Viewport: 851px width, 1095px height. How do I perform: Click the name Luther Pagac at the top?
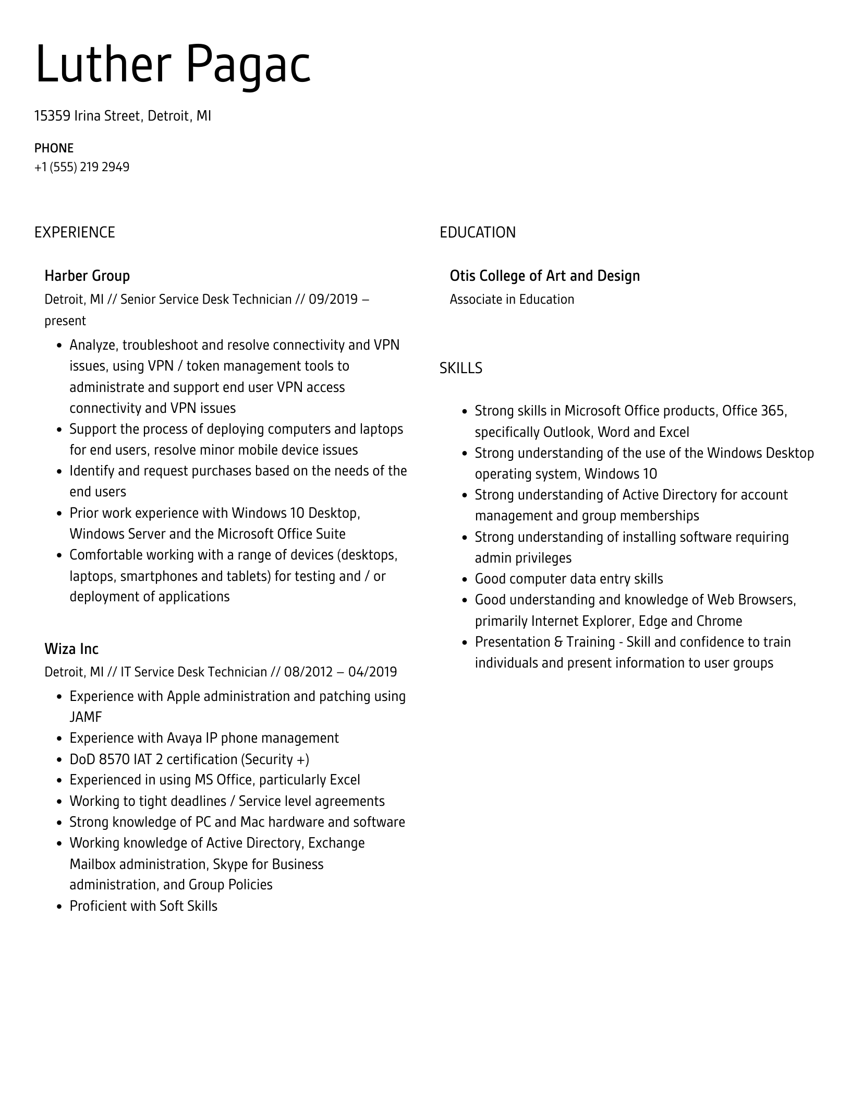tap(173, 65)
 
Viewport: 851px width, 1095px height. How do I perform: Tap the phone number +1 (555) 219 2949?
tap(82, 167)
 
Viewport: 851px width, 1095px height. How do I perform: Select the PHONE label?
tap(54, 148)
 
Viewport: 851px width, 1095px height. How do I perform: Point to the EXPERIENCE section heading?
tap(75, 232)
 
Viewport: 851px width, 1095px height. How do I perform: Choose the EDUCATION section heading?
tap(477, 232)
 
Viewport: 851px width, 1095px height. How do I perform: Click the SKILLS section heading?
tap(460, 368)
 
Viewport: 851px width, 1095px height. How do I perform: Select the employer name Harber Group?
tap(87, 276)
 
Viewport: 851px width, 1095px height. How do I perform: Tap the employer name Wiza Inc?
tap(71, 649)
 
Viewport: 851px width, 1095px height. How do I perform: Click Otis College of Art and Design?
tap(544, 276)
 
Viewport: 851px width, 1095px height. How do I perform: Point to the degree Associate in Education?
tap(512, 300)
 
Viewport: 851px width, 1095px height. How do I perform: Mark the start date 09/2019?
tap(333, 300)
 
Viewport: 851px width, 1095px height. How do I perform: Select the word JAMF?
tap(86, 717)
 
